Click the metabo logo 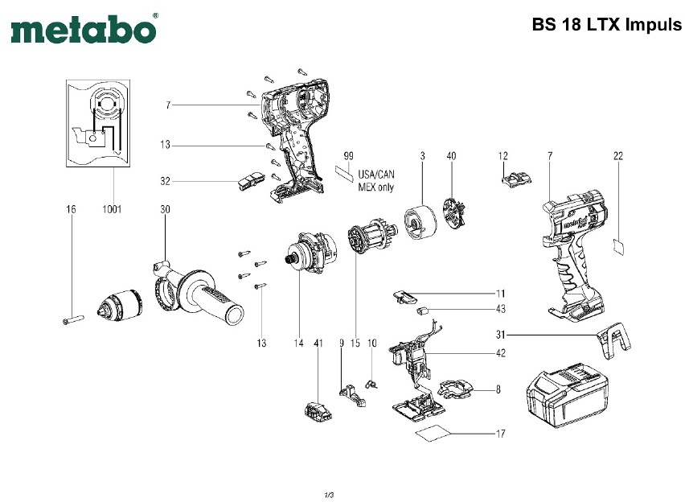(84, 30)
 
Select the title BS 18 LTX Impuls (606, 24)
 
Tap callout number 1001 (111, 209)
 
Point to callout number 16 (71, 209)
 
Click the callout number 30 (165, 209)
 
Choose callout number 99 (349, 154)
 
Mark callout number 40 (451, 154)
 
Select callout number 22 (618, 154)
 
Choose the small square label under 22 (618, 245)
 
